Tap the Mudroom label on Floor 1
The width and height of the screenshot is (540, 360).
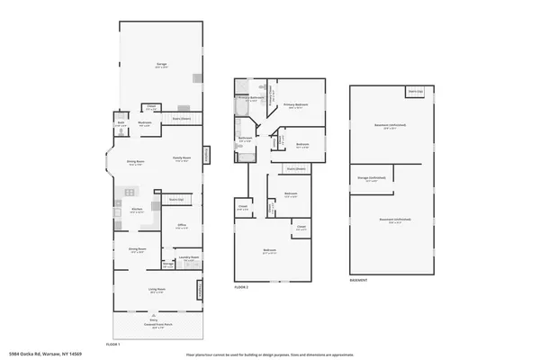(x=144, y=124)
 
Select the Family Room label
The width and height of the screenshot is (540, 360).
(x=180, y=159)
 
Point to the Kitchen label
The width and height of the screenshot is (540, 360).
(x=137, y=209)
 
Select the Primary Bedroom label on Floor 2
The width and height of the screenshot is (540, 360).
(x=295, y=104)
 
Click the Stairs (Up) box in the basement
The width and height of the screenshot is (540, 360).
(x=415, y=92)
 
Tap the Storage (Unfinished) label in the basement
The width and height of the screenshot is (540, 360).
(x=372, y=179)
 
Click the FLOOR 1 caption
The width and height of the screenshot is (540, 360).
(x=112, y=345)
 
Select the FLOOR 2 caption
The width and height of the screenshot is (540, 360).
(x=240, y=286)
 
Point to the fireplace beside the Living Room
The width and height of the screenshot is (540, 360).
(x=201, y=289)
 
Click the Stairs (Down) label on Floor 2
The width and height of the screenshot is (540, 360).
(x=296, y=168)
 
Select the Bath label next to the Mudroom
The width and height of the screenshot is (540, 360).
(x=121, y=124)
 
